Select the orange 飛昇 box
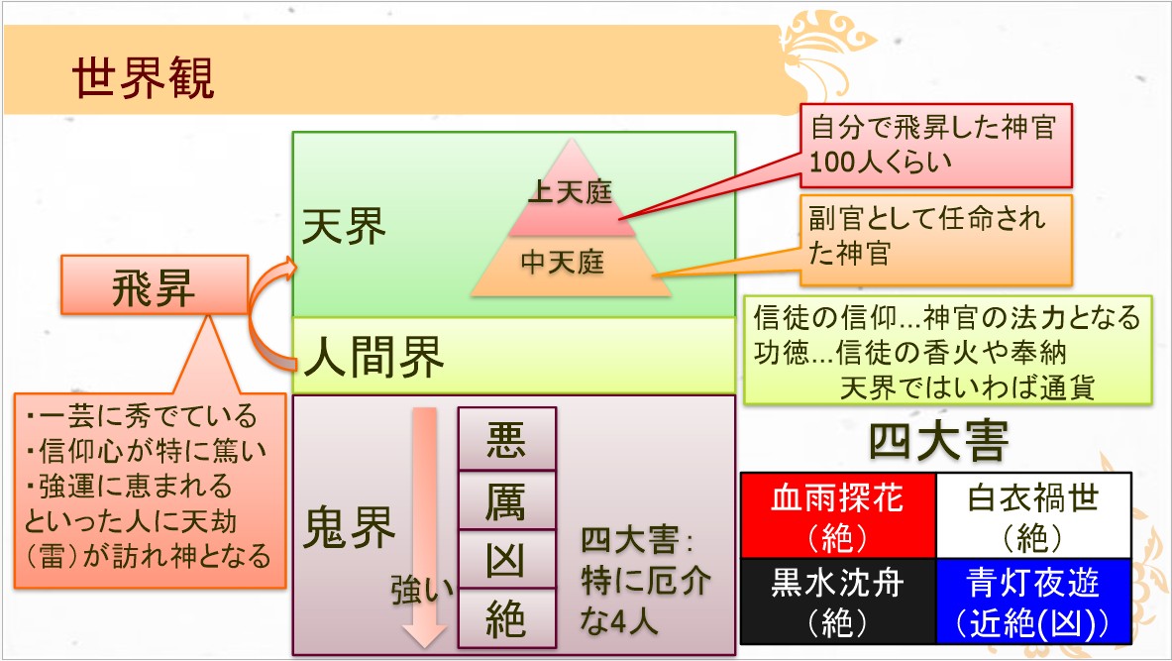pos(154,288)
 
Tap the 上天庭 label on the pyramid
pos(570,192)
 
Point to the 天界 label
pos(345,226)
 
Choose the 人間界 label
pos(373,356)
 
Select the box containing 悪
pos(506,439)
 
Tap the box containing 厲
pos(506,500)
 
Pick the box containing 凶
pos(506,560)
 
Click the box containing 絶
pos(506,620)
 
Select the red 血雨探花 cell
pos(837,515)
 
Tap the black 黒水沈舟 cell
pos(837,602)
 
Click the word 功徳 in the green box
pos(780,353)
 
